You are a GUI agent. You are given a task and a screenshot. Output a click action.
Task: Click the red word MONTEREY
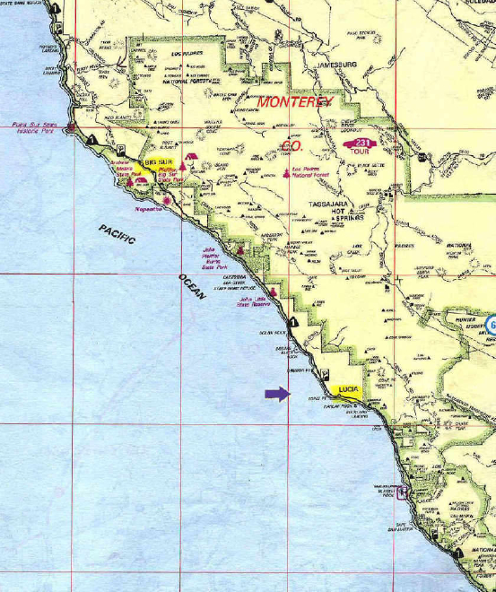pyautogui.click(x=295, y=102)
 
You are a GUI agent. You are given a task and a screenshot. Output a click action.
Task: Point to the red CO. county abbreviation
pyautogui.click(x=292, y=145)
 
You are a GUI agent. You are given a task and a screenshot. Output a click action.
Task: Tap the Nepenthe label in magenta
pyautogui.click(x=149, y=208)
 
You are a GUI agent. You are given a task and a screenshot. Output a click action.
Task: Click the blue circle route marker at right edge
pyautogui.click(x=492, y=325)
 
